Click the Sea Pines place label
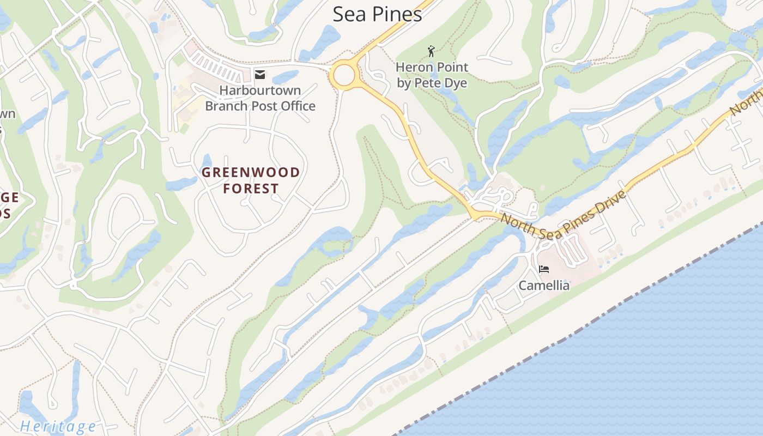click(x=377, y=14)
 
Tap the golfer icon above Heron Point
click(x=432, y=51)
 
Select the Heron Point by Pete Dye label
click(x=432, y=75)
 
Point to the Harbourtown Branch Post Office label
click(x=260, y=98)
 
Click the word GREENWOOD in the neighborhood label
click(x=251, y=173)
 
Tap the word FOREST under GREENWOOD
click(x=251, y=189)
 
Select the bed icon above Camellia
click(x=543, y=269)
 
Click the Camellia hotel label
click(x=543, y=285)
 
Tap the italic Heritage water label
click(x=58, y=426)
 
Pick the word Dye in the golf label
click(x=456, y=83)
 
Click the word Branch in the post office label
click(x=225, y=106)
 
